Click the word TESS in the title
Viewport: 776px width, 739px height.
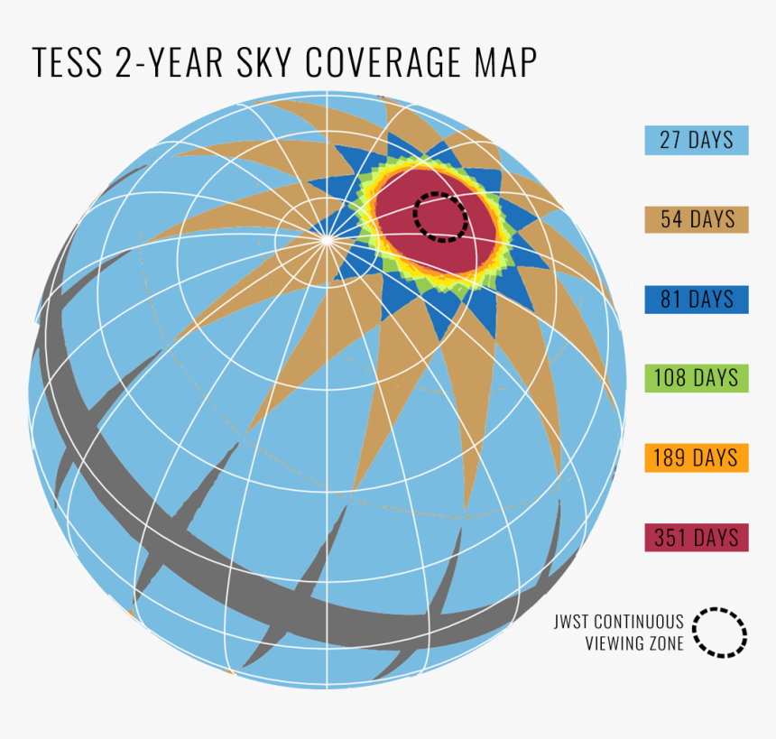(67, 63)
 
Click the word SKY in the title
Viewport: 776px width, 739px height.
(263, 63)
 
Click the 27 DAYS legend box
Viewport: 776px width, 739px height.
(696, 140)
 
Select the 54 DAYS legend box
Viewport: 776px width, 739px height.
(696, 219)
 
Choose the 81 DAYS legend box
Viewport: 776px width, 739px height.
(696, 299)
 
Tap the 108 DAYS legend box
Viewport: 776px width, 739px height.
(696, 378)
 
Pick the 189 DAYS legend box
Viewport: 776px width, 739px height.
(696, 457)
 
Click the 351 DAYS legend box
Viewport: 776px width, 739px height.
(696, 538)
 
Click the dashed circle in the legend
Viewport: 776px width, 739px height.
(719, 633)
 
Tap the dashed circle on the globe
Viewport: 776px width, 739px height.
(440, 217)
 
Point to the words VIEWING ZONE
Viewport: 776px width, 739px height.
(634, 643)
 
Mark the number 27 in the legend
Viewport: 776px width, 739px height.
(670, 140)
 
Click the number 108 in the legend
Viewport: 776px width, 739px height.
(671, 378)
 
